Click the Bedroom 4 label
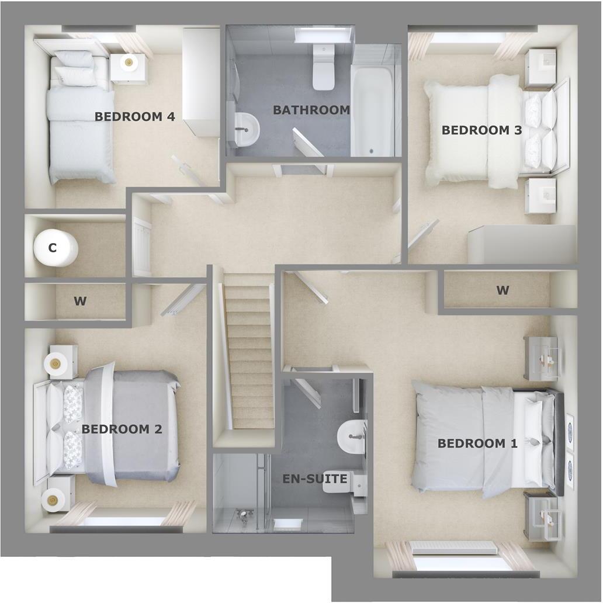pos(134,116)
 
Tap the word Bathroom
pos(311,109)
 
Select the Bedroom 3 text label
pos(481,130)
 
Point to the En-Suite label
pos(315,479)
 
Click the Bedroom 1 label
pos(477,443)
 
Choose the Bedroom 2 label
pos(122,429)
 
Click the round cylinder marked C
pos(55,248)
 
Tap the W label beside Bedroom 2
pos(80,301)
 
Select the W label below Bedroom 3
pos(503,290)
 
